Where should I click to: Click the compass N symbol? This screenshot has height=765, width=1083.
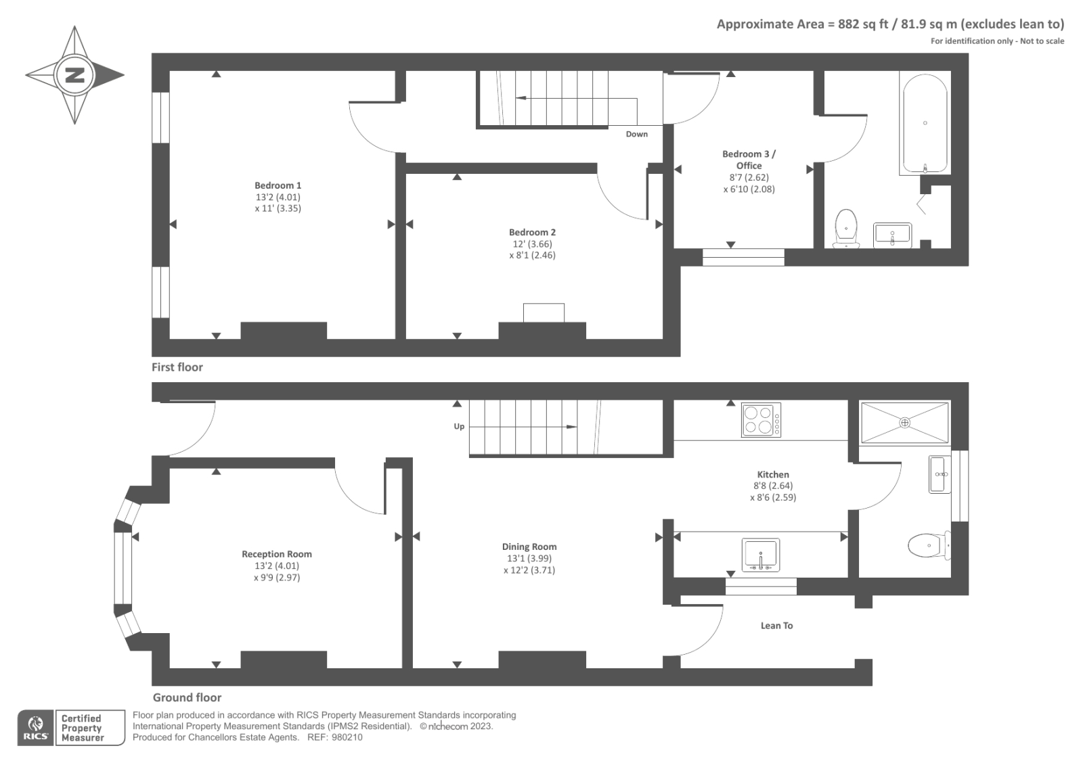[74, 75]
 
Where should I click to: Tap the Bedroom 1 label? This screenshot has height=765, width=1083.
[278, 185]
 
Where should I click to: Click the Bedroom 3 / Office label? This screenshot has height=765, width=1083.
[749, 160]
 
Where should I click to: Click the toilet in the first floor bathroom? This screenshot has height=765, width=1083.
[846, 228]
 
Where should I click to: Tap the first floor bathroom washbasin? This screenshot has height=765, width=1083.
[892, 235]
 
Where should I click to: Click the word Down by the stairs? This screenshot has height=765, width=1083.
[636, 134]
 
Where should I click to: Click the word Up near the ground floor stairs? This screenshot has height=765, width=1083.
[459, 427]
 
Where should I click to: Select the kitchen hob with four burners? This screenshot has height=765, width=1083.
[761, 419]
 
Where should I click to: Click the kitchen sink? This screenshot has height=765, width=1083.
[761, 555]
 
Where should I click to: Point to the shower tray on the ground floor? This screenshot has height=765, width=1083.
[904, 423]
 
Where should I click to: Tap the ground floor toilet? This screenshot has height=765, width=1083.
[927, 545]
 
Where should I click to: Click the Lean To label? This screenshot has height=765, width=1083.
[776, 626]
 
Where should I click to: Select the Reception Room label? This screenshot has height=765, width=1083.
[276, 554]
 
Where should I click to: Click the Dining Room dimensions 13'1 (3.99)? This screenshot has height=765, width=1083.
[529, 559]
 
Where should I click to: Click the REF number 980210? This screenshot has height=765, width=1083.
[347, 737]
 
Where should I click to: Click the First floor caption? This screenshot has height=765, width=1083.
[177, 367]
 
